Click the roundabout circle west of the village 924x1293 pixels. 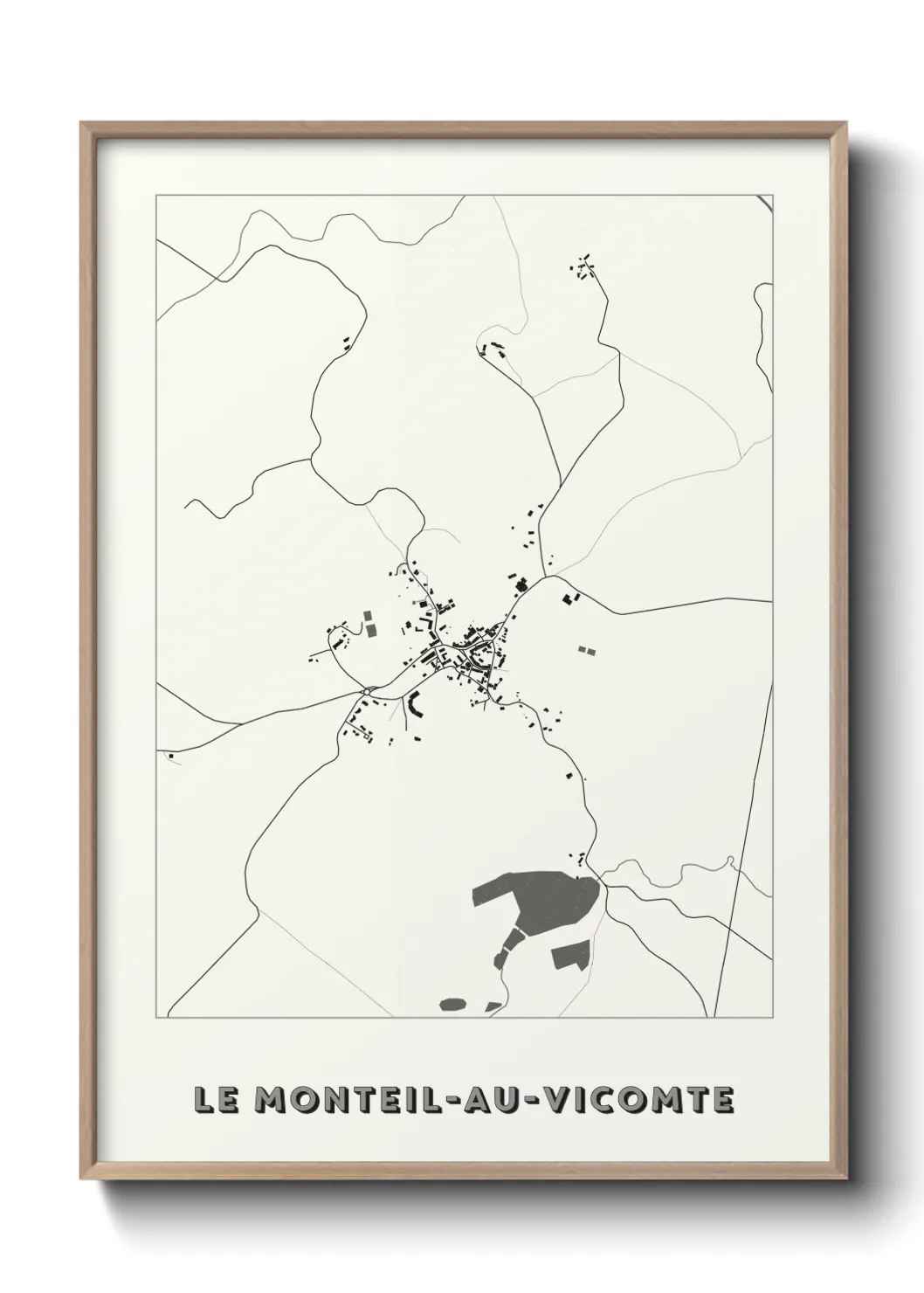pyautogui.click(x=367, y=691)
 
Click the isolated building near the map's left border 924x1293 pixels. pyautogui.click(x=172, y=755)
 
